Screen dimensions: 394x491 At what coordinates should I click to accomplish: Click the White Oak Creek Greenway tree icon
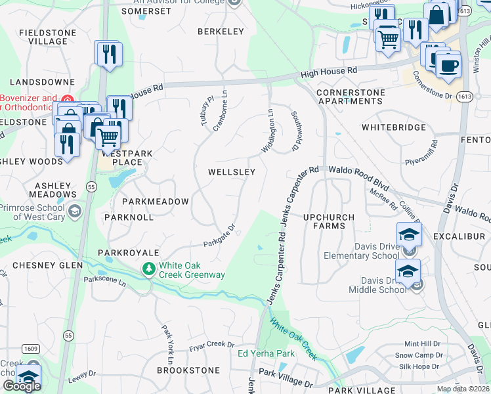[150, 268]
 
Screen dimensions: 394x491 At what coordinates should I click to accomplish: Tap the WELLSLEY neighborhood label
[231, 172]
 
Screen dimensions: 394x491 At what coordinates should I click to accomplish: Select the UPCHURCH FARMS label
[329, 222]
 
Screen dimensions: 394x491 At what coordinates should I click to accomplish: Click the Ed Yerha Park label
[266, 354]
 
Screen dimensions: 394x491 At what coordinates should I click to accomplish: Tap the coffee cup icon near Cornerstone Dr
[448, 66]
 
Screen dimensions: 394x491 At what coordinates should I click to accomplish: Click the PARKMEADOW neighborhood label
[155, 202]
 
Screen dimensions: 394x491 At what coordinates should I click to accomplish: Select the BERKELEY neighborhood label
[221, 32]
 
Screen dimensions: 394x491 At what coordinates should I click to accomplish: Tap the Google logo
[21, 385]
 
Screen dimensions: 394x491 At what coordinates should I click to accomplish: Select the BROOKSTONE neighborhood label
[188, 370]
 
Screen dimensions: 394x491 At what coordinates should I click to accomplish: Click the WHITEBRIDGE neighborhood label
[393, 127]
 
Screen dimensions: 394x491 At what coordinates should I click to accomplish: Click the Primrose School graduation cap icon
[75, 210]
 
